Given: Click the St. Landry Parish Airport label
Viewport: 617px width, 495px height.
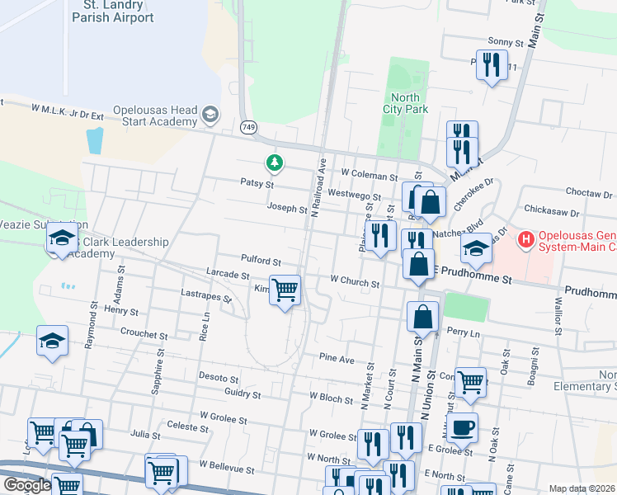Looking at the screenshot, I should (112, 12).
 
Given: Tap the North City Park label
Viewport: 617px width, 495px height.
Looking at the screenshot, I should (406, 103).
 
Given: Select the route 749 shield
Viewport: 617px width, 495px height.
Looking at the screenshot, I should (248, 128).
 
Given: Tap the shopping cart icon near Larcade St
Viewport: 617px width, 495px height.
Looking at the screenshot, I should (285, 290).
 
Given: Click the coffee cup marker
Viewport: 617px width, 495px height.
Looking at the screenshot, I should (463, 428).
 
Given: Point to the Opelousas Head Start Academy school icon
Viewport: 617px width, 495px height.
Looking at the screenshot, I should (210, 114).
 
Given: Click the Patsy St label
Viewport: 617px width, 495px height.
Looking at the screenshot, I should (257, 183).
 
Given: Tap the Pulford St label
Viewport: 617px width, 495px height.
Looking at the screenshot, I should (261, 260).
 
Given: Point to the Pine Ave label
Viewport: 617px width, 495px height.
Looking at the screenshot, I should (337, 360).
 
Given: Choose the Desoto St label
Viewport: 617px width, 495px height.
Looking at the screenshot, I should (219, 376).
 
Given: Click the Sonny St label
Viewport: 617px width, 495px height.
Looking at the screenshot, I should (506, 41).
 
